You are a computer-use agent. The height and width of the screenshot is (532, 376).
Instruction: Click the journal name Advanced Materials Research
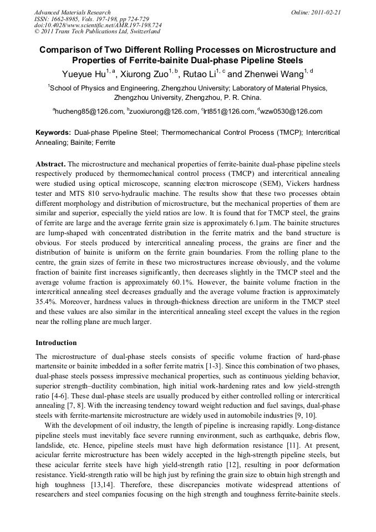click(x=72, y=12)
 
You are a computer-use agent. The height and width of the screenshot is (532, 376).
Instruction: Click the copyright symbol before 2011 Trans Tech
click(x=37, y=32)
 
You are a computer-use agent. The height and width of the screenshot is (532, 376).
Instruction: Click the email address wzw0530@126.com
click(x=292, y=112)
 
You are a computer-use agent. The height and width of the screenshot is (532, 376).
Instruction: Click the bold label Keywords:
click(x=53, y=133)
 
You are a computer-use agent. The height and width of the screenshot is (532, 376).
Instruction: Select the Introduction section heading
click(x=56, y=343)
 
